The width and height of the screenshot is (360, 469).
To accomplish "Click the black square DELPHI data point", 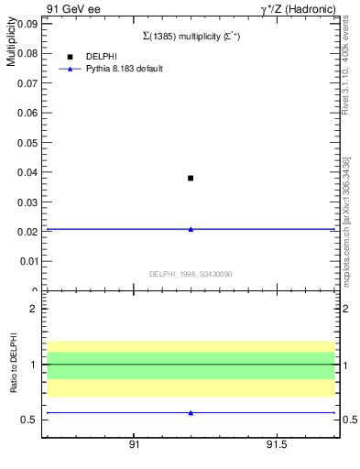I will (x=191, y=178).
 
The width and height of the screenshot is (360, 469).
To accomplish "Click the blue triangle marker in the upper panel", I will (x=191, y=229).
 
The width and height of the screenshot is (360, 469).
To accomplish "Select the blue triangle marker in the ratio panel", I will (x=191, y=413).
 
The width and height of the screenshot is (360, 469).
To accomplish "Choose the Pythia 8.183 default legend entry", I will (x=125, y=69).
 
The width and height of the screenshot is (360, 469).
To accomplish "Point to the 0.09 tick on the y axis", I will (x=27, y=24).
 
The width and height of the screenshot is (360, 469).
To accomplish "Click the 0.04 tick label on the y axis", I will (x=27, y=172).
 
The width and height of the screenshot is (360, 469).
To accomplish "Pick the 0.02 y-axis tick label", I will (x=27, y=232).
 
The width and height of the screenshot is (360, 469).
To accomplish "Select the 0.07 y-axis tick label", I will (x=27, y=83).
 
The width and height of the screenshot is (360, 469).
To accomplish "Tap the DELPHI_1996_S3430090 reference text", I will (x=191, y=274).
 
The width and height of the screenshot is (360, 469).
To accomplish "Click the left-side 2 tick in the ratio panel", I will (x=33, y=309).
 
